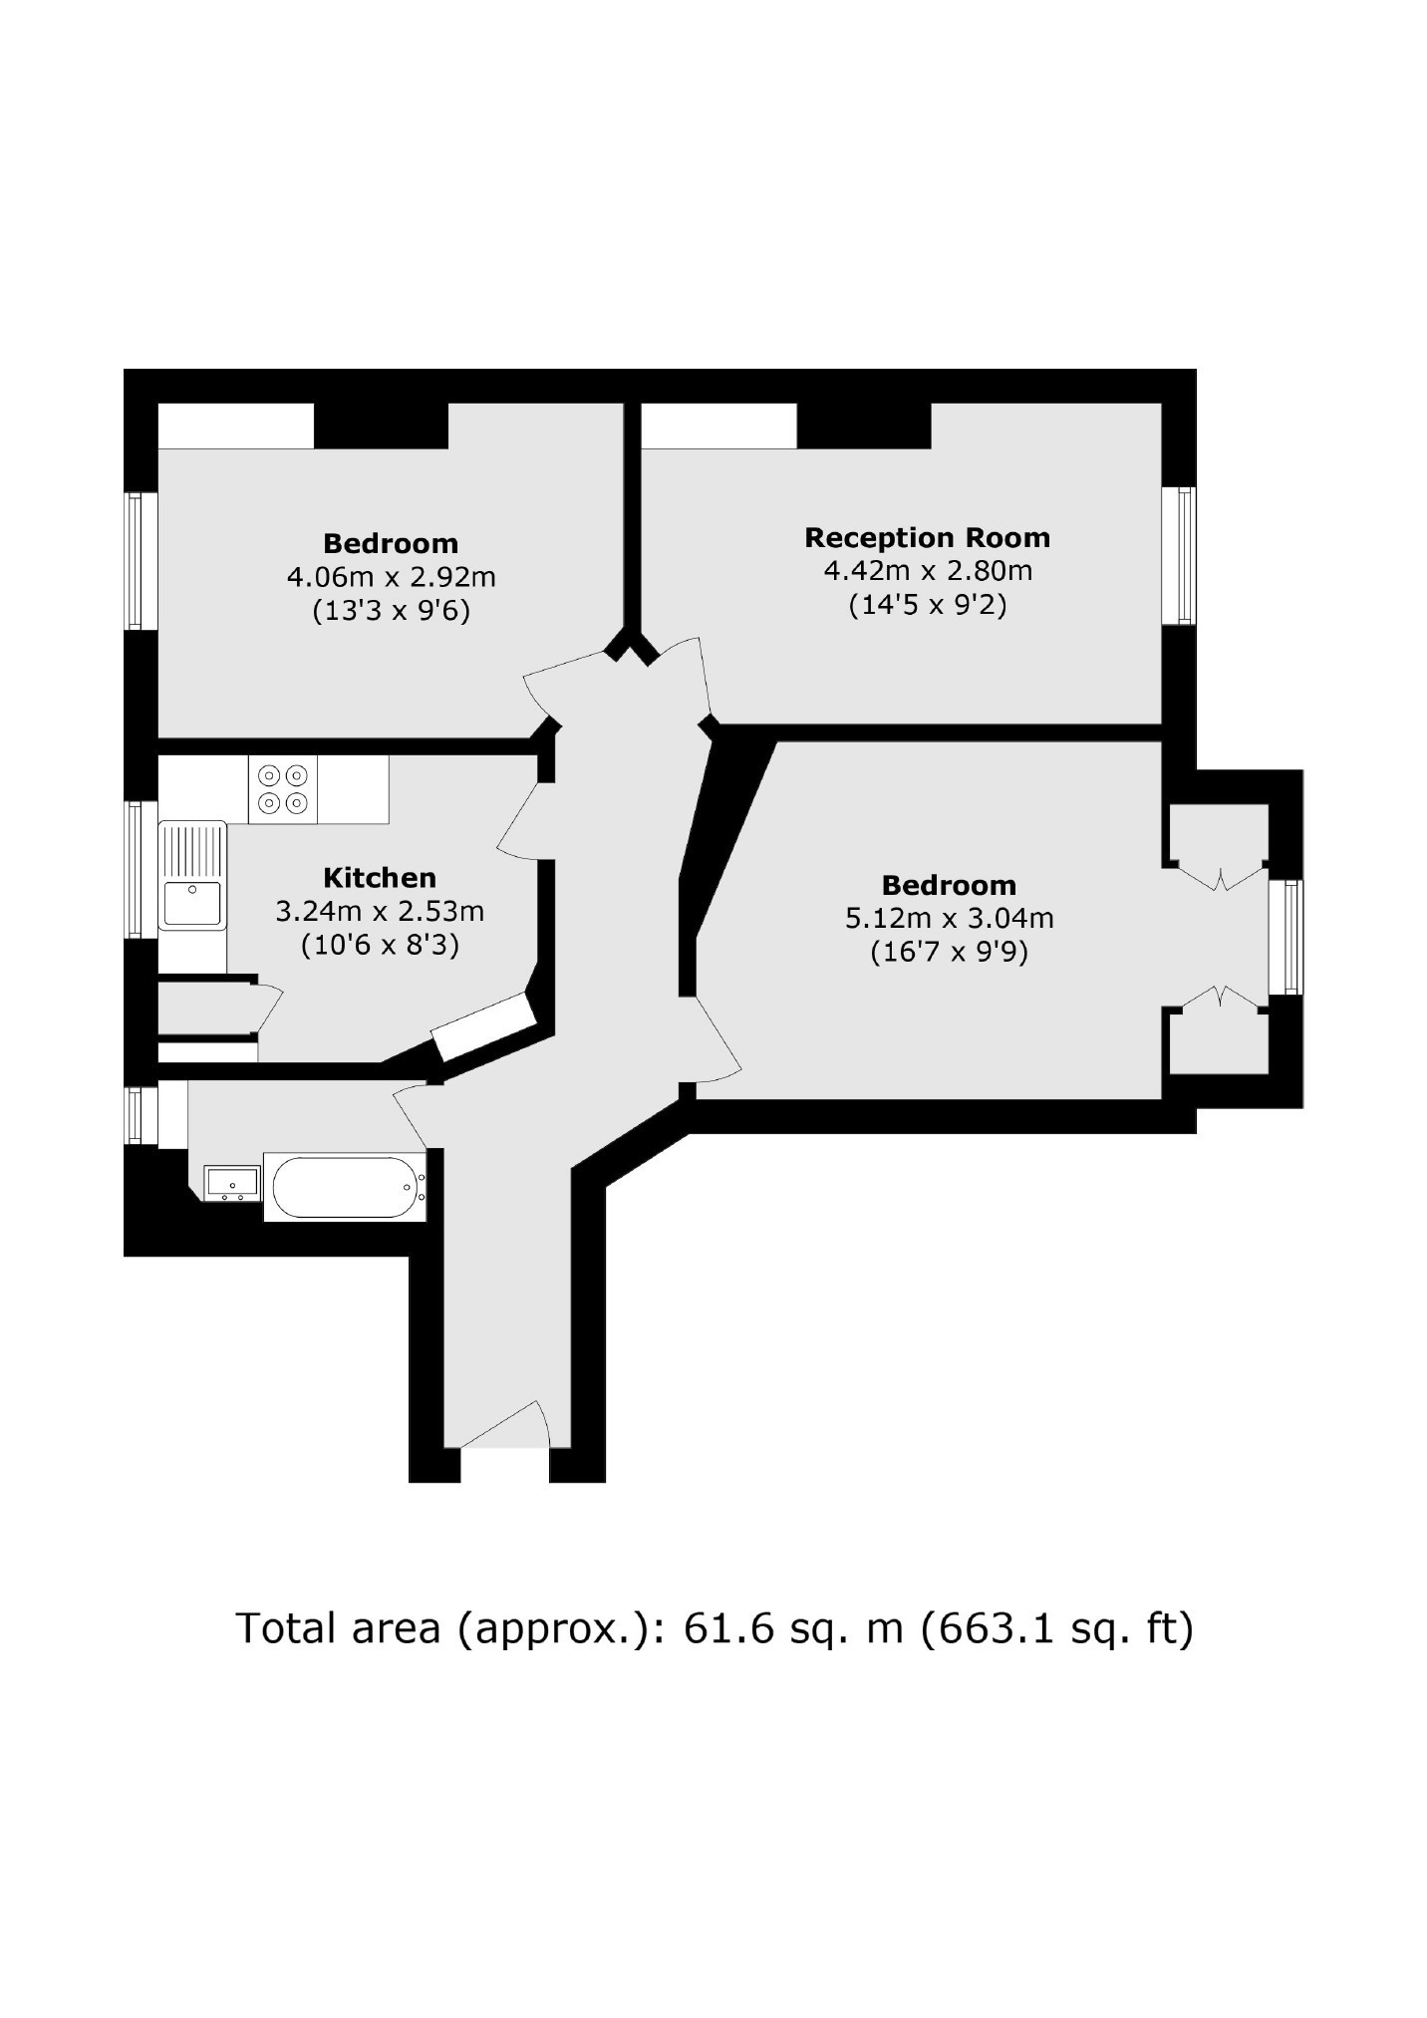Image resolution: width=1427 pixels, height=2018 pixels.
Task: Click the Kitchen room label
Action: [x=380, y=878]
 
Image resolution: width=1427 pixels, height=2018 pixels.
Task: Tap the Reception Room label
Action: [x=927, y=538]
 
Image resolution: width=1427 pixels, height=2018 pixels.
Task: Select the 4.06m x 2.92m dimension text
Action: [x=392, y=577]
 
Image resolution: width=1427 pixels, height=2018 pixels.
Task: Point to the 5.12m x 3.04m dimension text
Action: [x=950, y=919]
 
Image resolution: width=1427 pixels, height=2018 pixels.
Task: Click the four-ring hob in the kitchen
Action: [x=283, y=789]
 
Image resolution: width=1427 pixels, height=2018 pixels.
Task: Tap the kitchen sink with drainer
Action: [x=192, y=875]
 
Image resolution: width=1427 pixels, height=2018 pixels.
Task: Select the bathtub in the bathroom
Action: [x=345, y=1187]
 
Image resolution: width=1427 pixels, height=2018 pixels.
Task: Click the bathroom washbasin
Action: [x=232, y=1183]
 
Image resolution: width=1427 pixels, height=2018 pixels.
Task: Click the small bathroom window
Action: [x=141, y=1116]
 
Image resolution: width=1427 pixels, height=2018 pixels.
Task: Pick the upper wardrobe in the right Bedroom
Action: [x=1218, y=839]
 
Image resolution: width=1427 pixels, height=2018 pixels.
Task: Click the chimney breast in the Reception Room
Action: [x=864, y=426]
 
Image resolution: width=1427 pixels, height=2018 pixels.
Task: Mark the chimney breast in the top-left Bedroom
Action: [x=382, y=426]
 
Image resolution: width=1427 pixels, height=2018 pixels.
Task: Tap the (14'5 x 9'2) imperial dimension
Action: [x=928, y=605]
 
